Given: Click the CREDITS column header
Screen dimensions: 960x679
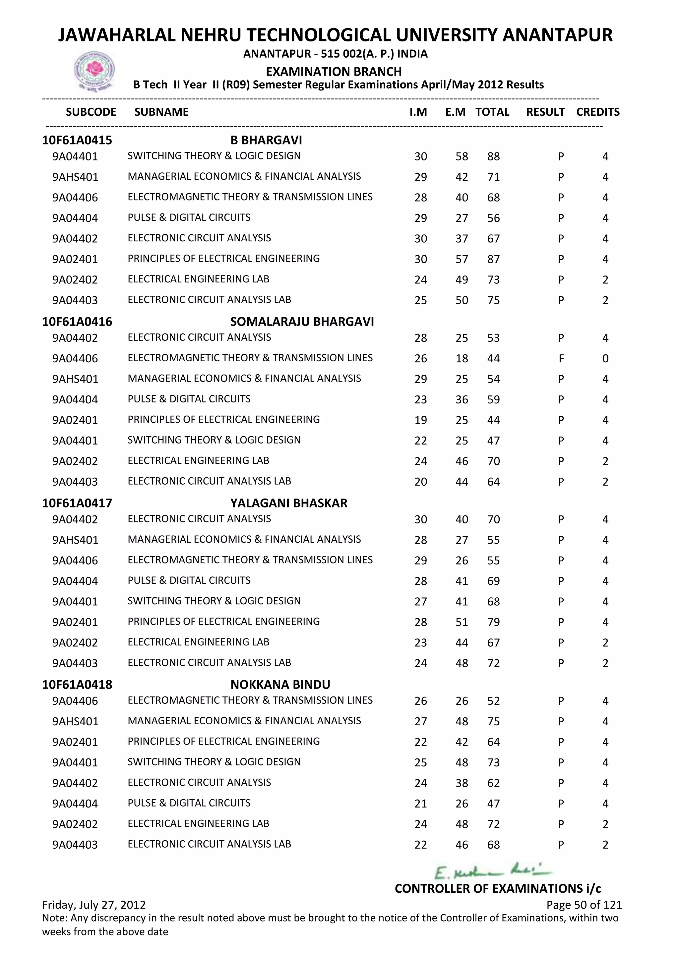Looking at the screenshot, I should click(x=597, y=112).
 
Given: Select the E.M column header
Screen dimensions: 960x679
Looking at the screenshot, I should click(x=455, y=112).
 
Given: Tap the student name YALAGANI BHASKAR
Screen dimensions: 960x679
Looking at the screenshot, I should click(x=288, y=503).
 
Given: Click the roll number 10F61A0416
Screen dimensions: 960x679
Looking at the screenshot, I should click(x=77, y=322).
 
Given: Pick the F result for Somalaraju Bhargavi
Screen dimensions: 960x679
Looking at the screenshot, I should click(x=561, y=359).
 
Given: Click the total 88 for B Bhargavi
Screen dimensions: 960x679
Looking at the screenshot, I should click(x=493, y=157).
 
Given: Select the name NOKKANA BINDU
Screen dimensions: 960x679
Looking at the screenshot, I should click(x=280, y=685).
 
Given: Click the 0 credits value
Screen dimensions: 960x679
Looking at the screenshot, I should click(x=605, y=359).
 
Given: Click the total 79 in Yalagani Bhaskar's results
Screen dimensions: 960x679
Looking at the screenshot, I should click(x=493, y=622).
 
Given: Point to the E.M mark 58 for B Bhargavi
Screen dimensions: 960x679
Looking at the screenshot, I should click(x=462, y=157).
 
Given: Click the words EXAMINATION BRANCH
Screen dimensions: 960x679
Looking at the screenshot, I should click(x=334, y=72).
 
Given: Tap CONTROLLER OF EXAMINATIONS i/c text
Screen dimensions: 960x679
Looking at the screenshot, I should click(x=498, y=888).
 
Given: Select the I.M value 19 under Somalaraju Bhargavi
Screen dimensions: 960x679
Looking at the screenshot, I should click(x=421, y=420).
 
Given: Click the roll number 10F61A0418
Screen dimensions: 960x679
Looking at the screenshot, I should click(x=77, y=685).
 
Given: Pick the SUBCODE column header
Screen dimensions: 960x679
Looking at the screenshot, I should click(x=91, y=112).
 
